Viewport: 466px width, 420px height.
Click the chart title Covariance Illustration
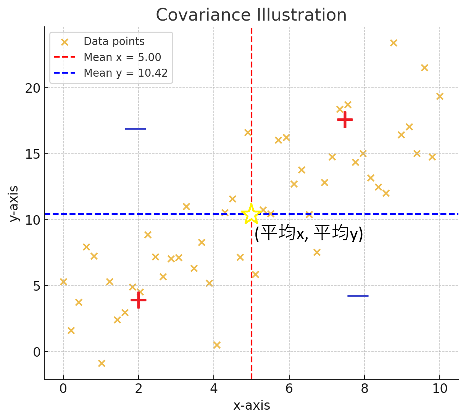251,15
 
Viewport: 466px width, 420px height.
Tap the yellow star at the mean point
251,214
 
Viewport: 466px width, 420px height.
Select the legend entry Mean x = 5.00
122,57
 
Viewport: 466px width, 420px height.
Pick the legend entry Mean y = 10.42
126,73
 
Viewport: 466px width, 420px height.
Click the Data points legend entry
114,42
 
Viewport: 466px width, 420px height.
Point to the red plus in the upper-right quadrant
345,119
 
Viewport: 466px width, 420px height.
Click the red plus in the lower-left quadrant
138,300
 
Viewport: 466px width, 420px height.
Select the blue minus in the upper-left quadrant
135,129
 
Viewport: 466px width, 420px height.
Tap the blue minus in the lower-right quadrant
358,296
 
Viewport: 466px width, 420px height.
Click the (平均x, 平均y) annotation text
308,233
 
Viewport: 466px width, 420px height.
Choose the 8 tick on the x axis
364,389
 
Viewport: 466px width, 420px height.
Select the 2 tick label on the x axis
139,389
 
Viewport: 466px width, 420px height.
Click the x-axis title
252,406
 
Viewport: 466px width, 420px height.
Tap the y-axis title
14,203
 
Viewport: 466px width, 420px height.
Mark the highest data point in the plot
393,43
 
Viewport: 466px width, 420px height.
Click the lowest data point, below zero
102,363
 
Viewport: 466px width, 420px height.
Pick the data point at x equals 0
63,282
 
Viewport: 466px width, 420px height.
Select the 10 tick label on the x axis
440,389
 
